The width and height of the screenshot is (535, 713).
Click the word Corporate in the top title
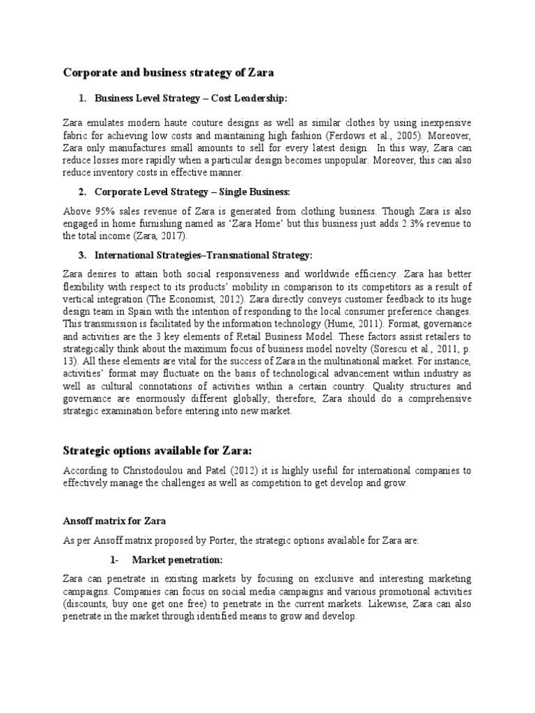90,72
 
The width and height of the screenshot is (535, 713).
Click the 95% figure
104,210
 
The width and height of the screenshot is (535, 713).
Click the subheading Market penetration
177,560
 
